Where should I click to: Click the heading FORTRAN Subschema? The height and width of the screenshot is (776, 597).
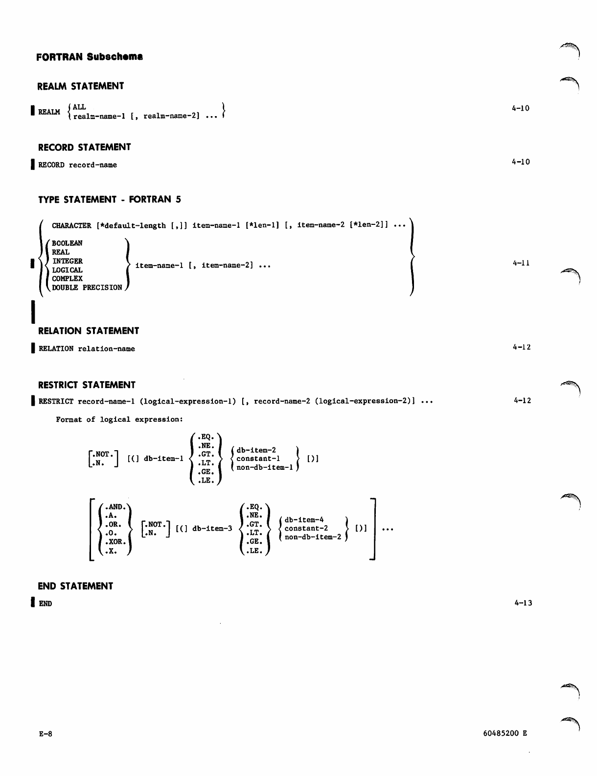tap(90, 57)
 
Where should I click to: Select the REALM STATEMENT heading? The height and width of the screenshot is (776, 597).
tap(81, 86)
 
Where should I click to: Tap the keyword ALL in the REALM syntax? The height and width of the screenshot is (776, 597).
tap(79, 107)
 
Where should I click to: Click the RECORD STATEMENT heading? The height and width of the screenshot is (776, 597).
tap(85, 147)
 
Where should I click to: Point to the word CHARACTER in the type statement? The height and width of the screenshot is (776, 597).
tap(71, 225)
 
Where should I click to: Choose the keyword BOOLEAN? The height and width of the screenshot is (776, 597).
tap(67, 243)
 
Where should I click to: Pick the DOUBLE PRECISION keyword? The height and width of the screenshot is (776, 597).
tap(87, 288)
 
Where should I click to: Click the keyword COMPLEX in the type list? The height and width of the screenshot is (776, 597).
tap(67, 279)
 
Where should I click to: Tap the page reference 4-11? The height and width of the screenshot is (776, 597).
tap(521, 263)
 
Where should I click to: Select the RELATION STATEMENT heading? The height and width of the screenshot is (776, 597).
tap(89, 331)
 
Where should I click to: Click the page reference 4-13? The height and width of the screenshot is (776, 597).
tap(523, 603)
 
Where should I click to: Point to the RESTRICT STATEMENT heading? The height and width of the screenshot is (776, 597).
tap(87, 385)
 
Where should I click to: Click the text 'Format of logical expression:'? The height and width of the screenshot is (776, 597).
tap(119, 419)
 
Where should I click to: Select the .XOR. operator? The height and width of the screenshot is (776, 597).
tap(116, 542)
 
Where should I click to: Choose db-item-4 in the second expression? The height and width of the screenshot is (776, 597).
tap(304, 520)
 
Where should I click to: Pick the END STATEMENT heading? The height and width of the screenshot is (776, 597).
tap(75, 586)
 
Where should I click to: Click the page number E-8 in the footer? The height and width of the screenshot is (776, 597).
tap(46, 734)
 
